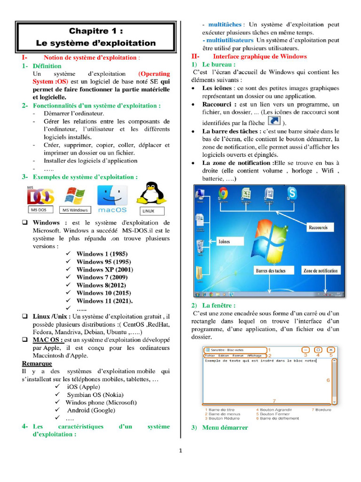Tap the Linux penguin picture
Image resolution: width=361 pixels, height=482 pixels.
[151, 193]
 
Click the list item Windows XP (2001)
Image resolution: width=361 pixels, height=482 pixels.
[104, 270]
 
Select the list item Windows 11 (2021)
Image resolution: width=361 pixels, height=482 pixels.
[104, 301]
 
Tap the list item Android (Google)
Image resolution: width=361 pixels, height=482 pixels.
[91, 410]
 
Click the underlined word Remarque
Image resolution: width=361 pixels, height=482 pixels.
[37, 363]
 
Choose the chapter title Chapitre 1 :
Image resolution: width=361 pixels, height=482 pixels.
[96, 32]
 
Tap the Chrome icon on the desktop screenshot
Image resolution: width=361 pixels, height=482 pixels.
[223, 193]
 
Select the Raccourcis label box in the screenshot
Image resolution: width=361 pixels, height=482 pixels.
[318, 227]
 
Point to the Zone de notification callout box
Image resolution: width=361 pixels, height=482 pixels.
[320, 271]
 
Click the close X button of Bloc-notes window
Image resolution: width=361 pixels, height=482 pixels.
[331, 350]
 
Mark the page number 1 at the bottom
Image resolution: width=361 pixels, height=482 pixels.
[180, 450]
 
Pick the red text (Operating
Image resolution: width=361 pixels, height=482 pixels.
[154, 74]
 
